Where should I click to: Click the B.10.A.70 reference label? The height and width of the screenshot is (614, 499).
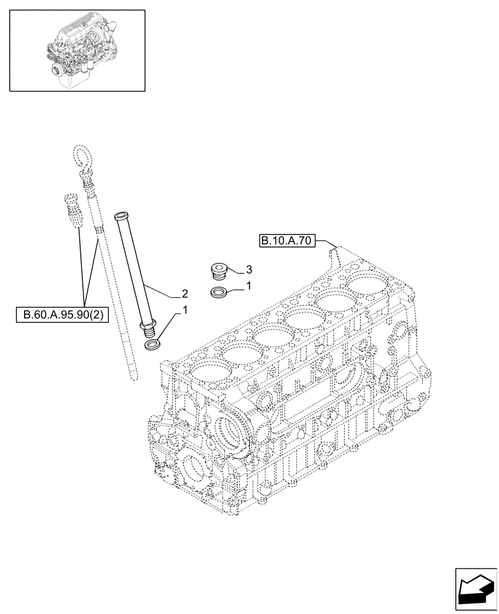(x=287, y=241)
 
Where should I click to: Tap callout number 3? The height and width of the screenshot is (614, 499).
(x=248, y=269)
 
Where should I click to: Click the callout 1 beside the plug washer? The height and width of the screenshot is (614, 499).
(x=248, y=286)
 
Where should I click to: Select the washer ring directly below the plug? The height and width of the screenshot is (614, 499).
(x=218, y=293)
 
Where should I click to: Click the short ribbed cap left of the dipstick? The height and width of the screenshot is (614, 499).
(x=71, y=209)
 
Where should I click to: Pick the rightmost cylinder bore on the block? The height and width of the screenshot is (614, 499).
(x=367, y=284)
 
